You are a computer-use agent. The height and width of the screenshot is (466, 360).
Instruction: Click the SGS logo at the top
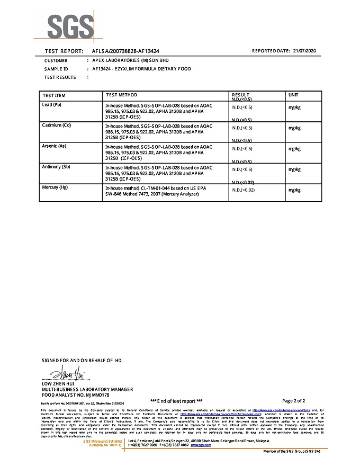coord(71,25)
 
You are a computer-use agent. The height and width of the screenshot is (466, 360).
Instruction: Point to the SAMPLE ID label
coord(56,69)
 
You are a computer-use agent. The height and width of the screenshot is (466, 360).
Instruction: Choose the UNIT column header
coord(293,95)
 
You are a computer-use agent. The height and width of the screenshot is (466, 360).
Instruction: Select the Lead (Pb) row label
coord(52,105)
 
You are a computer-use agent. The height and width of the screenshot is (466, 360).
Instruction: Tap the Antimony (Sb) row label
coord(56,167)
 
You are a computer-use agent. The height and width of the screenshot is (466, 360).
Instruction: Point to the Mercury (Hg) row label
coord(55,187)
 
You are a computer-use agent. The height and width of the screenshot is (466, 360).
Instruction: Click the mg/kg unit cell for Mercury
coord(294,190)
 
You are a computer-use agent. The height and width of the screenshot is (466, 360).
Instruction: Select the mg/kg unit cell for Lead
coord(294,107)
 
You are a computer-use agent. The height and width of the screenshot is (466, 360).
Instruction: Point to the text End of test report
coord(176,401)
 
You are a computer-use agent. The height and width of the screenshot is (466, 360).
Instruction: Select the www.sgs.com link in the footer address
coord(197,445)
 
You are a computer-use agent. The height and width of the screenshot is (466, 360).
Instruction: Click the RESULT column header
coord(240,95)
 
